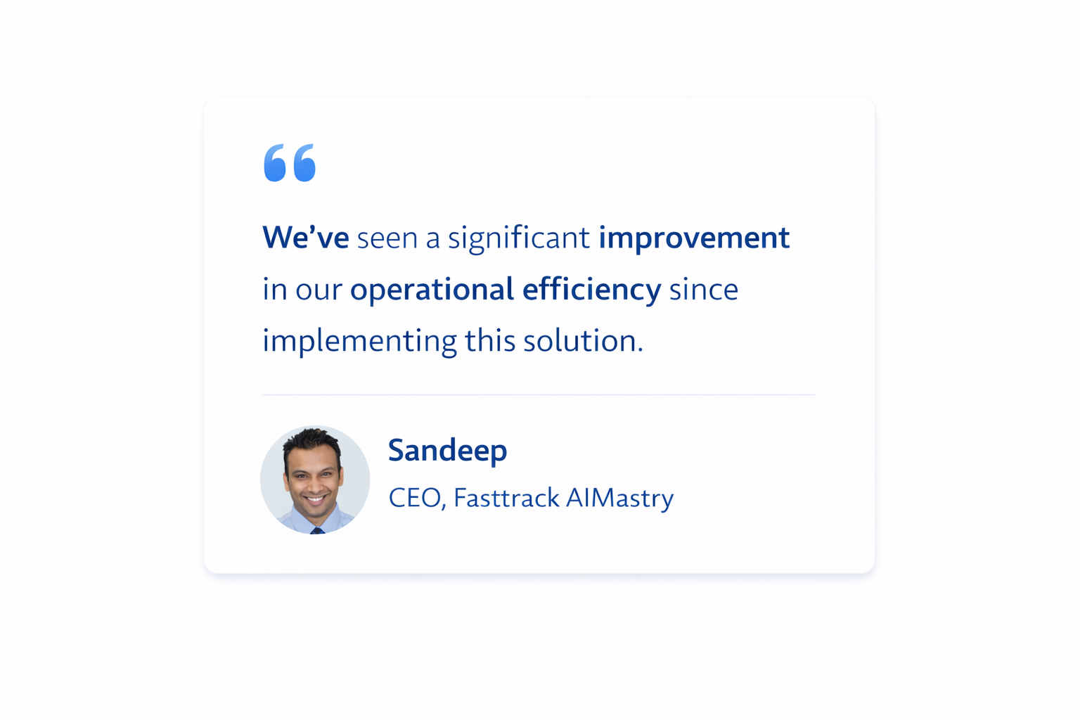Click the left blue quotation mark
tap(275, 163)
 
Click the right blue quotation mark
tap(304, 163)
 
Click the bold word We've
tap(305, 238)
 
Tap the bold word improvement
tap(693, 238)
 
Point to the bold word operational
tap(432, 290)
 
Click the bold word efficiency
tap(591, 290)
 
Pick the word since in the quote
tap(703, 290)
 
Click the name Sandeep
tap(447, 451)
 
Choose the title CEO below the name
tap(415, 499)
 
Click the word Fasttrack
tap(506, 499)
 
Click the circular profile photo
tap(315, 480)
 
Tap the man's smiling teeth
tap(316, 500)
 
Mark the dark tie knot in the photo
tap(317, 531)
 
